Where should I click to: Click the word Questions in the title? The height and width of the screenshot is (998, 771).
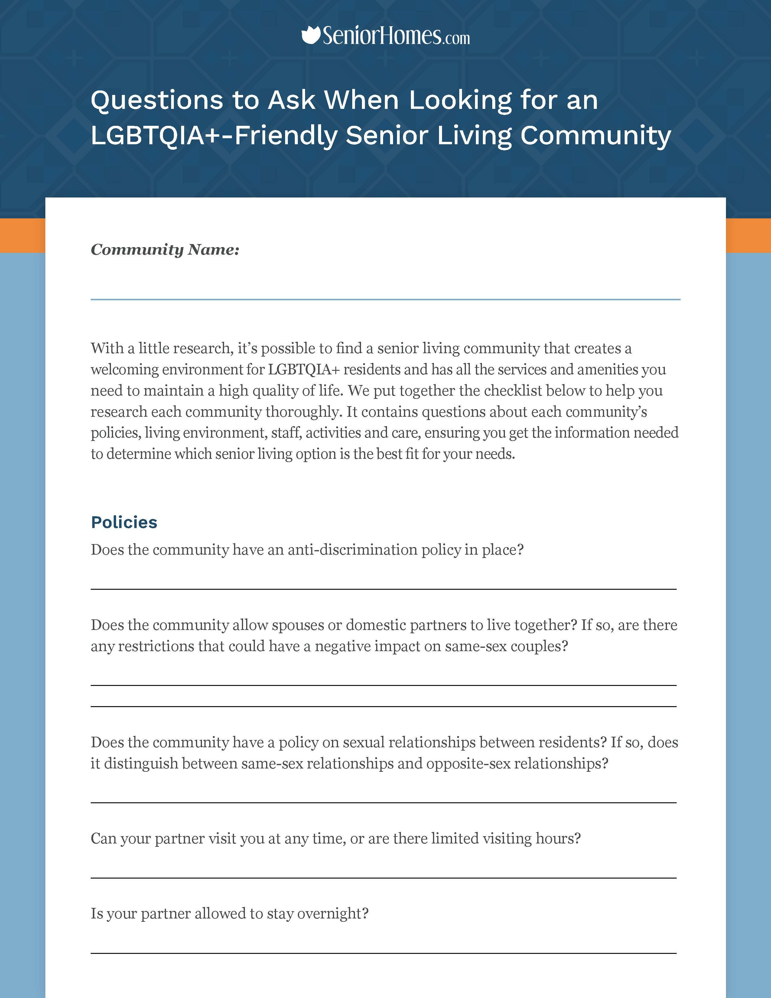157,100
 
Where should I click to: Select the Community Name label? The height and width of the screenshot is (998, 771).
165,249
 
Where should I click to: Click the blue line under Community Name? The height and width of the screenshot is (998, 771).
385,299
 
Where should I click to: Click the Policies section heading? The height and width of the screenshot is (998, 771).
124,522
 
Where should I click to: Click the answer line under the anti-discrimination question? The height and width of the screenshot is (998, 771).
383,589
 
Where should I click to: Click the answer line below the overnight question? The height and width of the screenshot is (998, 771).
383,953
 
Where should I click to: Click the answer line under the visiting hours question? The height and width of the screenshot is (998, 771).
383,878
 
